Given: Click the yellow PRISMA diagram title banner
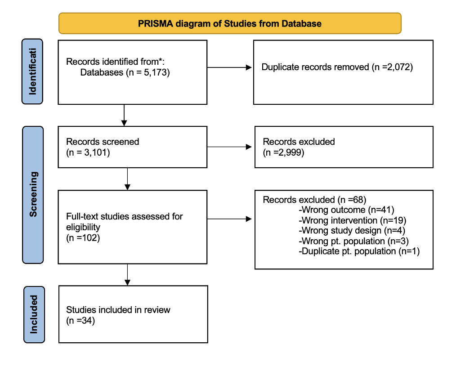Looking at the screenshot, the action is (x=230, y=23).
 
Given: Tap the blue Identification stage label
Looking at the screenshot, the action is (x=32, y=72).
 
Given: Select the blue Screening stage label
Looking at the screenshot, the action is (x=33, y=195).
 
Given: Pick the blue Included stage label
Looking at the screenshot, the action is (x=34, y=315).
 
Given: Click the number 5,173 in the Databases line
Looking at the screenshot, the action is (x=155, y=72).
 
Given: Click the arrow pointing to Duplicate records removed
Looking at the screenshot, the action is (x=229, y=67).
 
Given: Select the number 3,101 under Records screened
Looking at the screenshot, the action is (x=96, y=152).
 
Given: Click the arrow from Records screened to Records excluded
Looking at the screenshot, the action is (x=229, y=147).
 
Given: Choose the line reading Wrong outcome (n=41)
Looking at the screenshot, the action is (x=346, y=210).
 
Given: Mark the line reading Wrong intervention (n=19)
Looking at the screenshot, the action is (x=353, y=220).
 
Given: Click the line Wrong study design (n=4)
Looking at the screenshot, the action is (x=352, y=230).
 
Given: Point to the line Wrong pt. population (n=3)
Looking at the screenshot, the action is (x=353, y=241).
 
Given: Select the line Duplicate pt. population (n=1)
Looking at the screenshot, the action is (x=359, y=251).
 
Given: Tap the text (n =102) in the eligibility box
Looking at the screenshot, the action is (x=83, y=237).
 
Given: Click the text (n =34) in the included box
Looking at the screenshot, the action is (x=80, y=321).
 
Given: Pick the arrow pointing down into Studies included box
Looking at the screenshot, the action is (x=127, y=274).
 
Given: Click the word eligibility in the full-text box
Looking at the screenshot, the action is (x=83, y=227).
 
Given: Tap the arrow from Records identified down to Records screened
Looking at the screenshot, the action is (x=124, y=115).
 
